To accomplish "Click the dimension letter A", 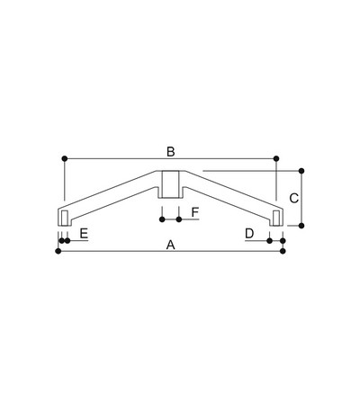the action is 170,245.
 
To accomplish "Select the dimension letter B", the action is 171,152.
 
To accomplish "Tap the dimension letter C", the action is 293,198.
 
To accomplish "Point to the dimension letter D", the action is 249,233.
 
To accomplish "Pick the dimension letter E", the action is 84,233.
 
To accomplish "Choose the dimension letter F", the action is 195,212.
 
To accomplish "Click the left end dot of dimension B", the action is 65,158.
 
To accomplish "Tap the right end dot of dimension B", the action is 276,158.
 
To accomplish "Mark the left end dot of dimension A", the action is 58,251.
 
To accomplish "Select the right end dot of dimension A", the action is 283,251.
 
